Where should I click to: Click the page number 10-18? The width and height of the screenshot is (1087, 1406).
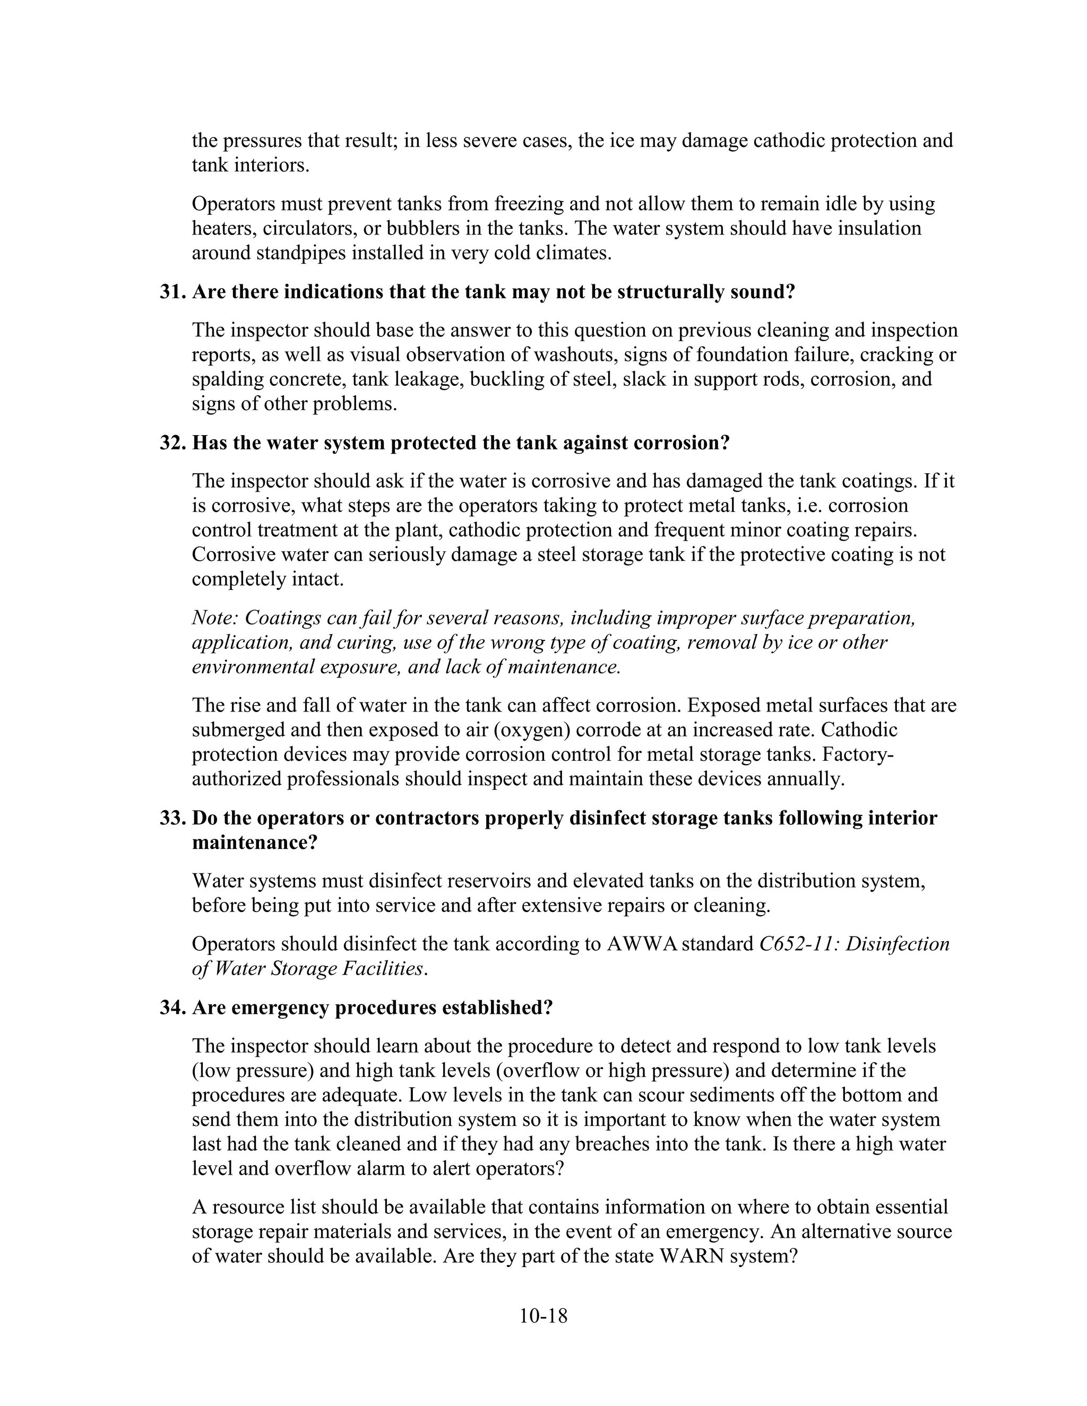[x=543, y=1316]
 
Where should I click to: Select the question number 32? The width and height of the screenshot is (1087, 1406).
[x=172, y=443]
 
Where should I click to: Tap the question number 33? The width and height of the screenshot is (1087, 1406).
[x=172, y=818]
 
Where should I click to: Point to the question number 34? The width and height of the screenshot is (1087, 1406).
[x=172, y=1007]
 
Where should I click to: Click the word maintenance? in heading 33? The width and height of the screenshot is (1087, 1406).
[x=255, y=842]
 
